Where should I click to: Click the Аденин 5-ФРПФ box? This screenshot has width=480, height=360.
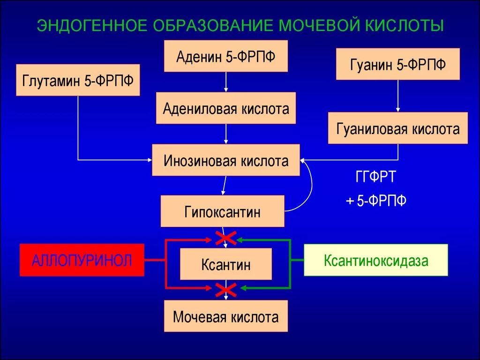pos(225,56)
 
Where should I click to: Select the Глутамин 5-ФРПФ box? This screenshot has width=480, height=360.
pos(78,80)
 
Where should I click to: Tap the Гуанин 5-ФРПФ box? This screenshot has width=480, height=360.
pos(397,64)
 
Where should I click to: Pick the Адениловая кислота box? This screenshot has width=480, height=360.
pos(226,108)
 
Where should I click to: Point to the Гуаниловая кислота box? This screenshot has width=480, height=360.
pos(397,128)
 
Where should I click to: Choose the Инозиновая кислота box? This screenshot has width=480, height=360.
pos(226,160)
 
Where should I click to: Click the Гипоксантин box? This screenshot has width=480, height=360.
pos(222,211)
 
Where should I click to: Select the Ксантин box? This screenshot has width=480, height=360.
pos(226,264)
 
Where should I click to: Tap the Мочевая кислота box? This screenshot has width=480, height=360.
pos(226,316)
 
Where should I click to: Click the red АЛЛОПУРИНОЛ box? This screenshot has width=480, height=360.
pos(82,260)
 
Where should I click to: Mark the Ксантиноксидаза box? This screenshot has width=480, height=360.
pos(375,260)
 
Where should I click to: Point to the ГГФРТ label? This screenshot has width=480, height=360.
pos(375,178)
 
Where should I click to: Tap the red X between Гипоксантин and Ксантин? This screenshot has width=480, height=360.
pos(225,239)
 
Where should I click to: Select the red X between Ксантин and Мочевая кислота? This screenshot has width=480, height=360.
pos(225,290)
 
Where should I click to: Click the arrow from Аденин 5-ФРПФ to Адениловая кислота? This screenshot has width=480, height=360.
pos(226,82)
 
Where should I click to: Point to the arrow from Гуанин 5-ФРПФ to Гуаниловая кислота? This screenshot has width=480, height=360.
pos(397,96)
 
